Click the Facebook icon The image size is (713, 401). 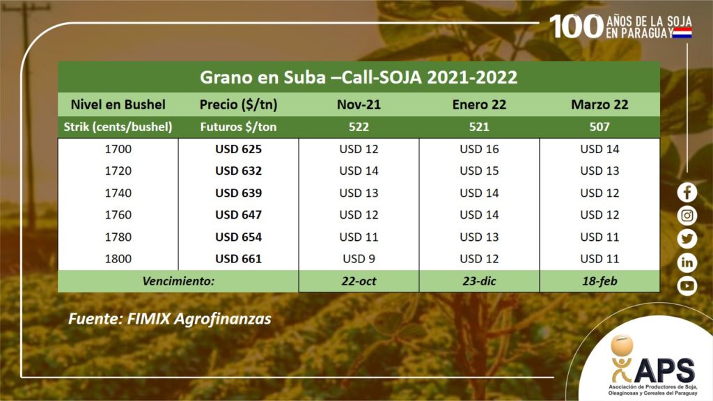click(x=687, y=192)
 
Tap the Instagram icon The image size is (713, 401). click(x=687, y=216)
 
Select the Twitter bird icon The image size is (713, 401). click(x=687, y=239)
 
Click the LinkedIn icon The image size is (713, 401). click(x=687, y=262)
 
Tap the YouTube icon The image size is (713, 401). click(x=687, y=286)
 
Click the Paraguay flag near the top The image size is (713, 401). click(x=682, y=33)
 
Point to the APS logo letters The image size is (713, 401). click(x=664, y=370)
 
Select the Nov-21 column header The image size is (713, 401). click(x=359, y=104)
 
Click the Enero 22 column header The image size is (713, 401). click(x=479, y=104)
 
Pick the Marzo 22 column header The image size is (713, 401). click(x=600, y=104)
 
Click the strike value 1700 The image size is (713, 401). click(x=118, y=149)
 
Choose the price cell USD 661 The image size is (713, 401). click(x=239, y=259)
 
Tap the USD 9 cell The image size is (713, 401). click(x=359, y=259)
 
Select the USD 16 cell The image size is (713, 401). click(x=479, y=149)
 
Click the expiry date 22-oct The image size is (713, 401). click(x=359, y=281)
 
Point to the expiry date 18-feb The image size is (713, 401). click(x=600, y=281)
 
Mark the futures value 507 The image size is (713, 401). click(x=600, y=127)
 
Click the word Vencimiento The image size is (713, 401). click(x=178, y=281)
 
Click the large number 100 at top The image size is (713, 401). click(x=577, y=26)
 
